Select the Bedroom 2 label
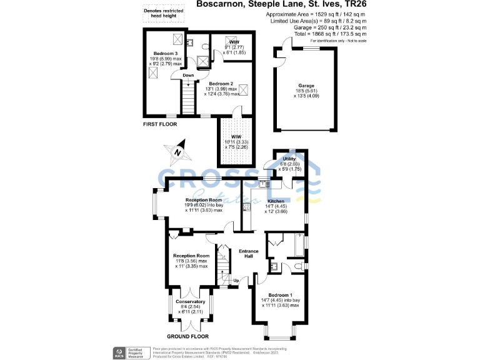(x=221, y=84)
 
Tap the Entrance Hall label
(x=248, y=253)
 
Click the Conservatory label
(x=190, y=302)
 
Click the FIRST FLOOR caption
(x=160, y=124)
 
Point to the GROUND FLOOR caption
(x=188, y=336)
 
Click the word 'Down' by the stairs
(x=188, y=76)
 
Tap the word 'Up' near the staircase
(x=236, y=281)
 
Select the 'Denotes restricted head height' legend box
(x=162, y=14)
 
